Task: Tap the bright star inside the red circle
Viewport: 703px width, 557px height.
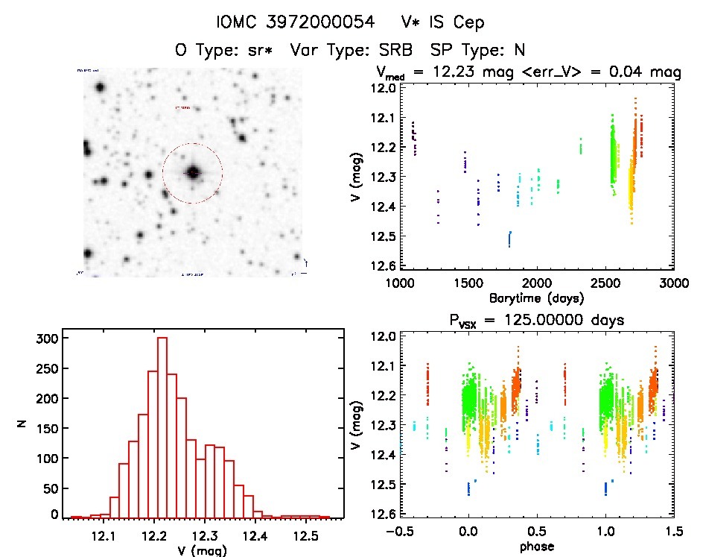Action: [193, 173]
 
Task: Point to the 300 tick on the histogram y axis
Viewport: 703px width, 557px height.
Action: [45, 339]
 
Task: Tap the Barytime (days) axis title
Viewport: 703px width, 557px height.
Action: [536, 298]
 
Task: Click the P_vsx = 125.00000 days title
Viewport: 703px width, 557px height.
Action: [536, 320]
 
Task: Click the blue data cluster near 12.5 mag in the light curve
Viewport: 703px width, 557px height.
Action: [510, 239]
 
